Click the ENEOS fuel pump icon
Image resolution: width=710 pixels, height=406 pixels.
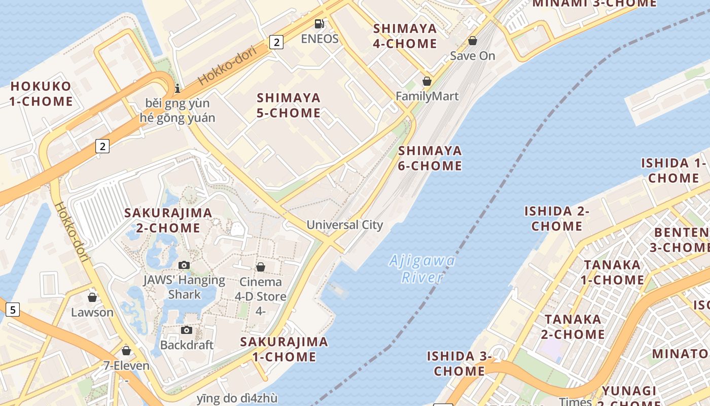[x=319, y=23]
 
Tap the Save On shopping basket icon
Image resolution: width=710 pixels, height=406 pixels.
[x=473, y=41]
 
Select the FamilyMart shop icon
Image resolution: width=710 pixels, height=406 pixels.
[x=427, y=81]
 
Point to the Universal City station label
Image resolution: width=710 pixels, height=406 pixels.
[x=345, y=225]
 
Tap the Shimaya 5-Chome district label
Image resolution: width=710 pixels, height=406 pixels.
[x=289, y=105]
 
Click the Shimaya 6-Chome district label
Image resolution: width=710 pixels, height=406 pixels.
[x=430, y=158]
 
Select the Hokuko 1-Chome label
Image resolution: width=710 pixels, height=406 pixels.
[x=41, y=93]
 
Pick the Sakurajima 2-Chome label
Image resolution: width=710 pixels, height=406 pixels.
[x=168, y=220]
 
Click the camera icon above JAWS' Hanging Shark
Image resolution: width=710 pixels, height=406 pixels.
[x=184, y=265]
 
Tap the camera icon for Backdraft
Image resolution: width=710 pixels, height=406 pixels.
[x=187, y=330]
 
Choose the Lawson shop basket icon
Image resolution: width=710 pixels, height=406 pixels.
[x=92, y=297]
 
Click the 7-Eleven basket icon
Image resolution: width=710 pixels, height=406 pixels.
[x=126, y=351]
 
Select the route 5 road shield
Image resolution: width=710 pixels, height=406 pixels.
[x=12, y=309]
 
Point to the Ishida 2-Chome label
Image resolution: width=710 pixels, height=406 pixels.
[x=556, y=218]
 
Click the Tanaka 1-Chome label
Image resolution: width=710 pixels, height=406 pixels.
[x=612, y=273]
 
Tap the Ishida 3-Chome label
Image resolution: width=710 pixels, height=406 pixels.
[x=459, y=363]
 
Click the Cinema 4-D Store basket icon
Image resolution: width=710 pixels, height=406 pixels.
[x=261, y=267]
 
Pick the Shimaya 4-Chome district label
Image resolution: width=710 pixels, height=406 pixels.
[x=405, y=36]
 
